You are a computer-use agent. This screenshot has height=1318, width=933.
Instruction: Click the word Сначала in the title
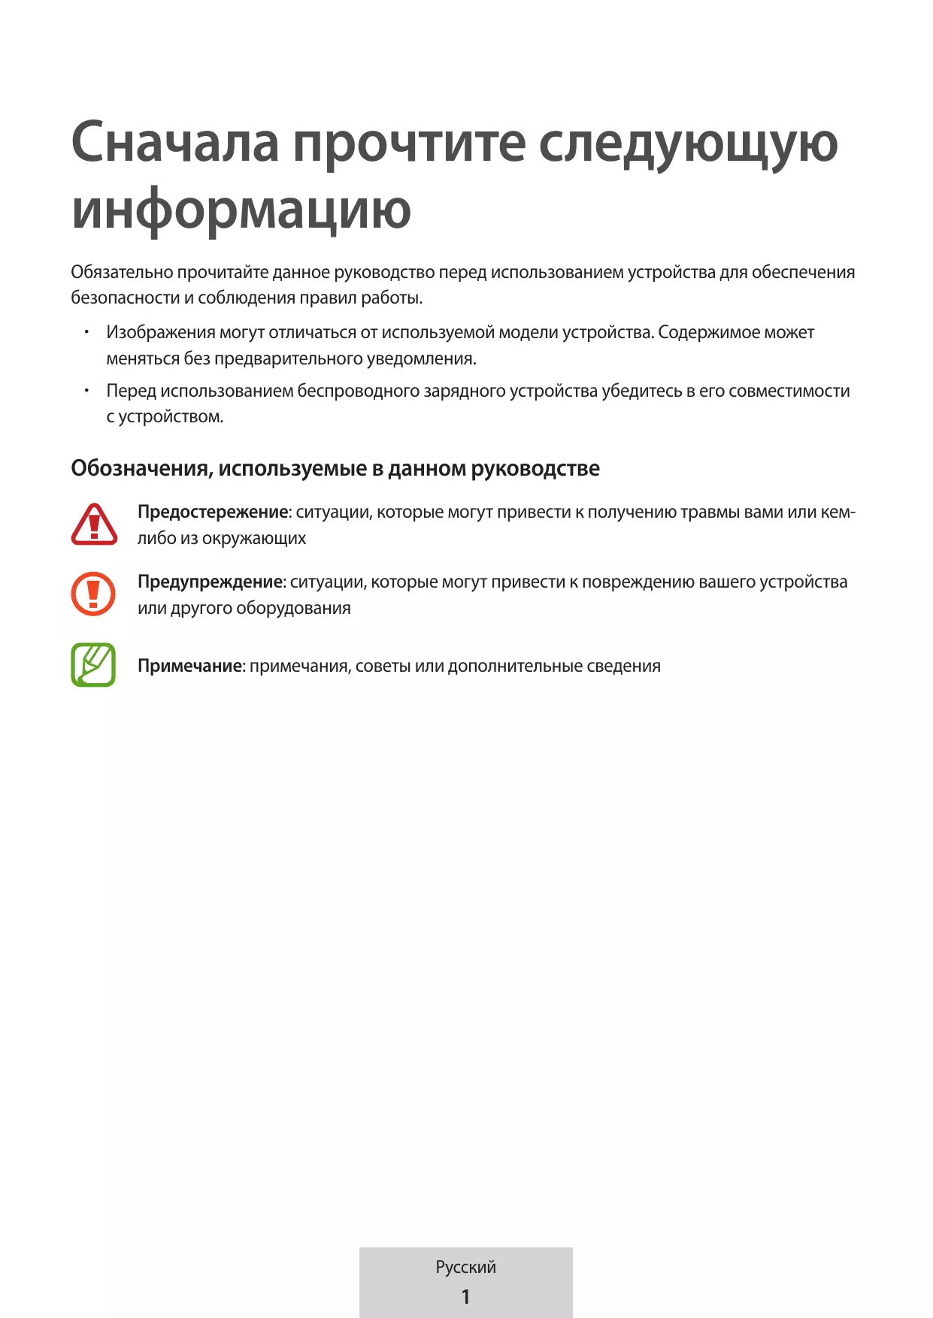(174, 143)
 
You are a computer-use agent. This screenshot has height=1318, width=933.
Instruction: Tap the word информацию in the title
(241, 210)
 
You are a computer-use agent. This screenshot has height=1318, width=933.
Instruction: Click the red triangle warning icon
(94, 524)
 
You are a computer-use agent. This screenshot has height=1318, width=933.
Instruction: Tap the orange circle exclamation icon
(93, 594)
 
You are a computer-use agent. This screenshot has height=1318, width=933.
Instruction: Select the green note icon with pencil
(93, 665)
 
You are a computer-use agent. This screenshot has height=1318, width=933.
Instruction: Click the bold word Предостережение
(213, 512)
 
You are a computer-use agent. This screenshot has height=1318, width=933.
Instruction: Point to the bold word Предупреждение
(210, 582)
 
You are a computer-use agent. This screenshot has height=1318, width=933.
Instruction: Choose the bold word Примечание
(189, 667)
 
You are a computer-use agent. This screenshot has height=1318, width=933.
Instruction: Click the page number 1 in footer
(465, 1296)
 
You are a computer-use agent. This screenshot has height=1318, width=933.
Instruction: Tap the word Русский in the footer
(465, 1267)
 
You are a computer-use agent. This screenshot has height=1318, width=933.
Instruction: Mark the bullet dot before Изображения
(87, 331)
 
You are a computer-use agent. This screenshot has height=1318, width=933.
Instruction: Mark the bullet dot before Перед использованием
(87, 390)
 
